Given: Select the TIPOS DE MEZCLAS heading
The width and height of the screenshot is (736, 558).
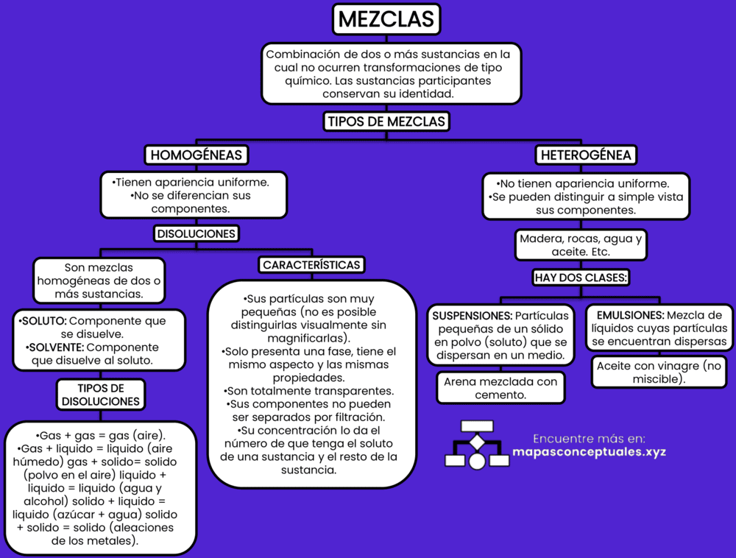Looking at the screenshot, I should (386, 122).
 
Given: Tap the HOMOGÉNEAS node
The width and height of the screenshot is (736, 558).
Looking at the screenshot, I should (195, 155).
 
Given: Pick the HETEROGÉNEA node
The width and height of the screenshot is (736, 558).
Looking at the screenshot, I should (586, 155).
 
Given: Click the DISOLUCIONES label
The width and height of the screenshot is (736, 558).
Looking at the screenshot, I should (196, 233).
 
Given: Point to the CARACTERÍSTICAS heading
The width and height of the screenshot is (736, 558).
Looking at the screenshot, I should (311, 264).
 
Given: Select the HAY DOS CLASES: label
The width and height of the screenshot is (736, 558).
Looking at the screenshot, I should (581, 278).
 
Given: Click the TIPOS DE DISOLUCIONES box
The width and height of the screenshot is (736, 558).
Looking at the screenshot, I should (100, 395).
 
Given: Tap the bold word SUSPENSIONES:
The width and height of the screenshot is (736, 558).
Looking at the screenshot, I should (471, 316).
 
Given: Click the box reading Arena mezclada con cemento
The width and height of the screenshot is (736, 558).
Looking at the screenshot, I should (500, 388).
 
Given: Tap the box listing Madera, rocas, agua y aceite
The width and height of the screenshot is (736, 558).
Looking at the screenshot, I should (581, 246).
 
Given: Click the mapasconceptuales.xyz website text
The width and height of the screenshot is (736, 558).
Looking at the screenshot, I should (588, 451).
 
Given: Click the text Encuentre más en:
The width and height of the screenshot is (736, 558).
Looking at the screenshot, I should (588, 437).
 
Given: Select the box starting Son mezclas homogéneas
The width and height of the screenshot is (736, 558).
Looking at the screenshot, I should (99, 280).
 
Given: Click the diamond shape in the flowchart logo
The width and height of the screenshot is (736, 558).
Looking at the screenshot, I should (477, 442).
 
